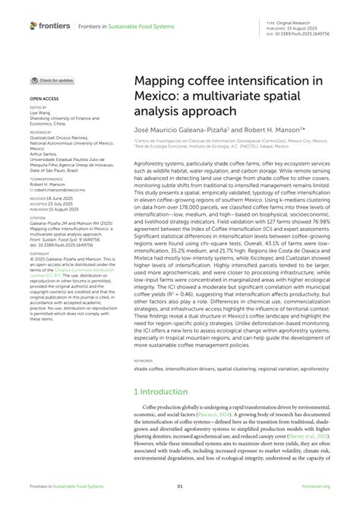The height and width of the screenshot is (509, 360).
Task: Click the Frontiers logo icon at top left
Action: [33, 26]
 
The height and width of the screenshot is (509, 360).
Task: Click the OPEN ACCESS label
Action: [43, 99]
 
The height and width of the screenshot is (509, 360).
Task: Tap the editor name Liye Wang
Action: [39, 112]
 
